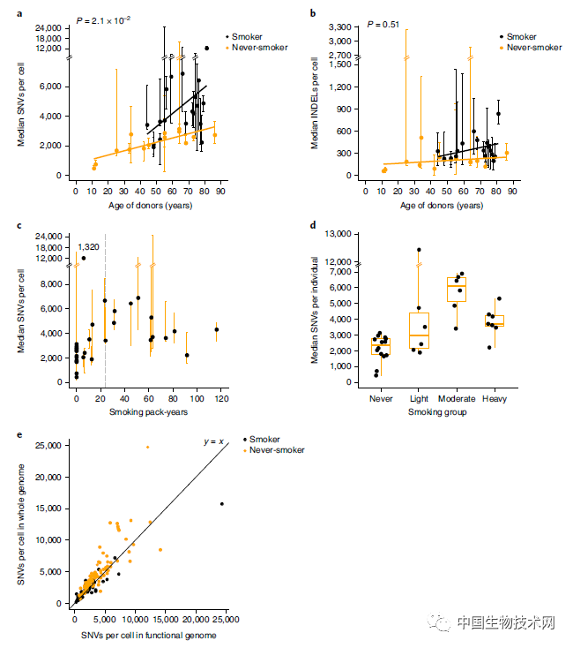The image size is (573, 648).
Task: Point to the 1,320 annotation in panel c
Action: tap(88, 247)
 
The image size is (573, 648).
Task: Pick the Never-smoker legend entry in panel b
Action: tap(532, 48)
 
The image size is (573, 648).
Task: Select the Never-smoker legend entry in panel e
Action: tap(277, 450)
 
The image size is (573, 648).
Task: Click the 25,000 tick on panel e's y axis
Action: tap(50, 446)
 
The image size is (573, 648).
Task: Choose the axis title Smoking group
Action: tap(430, 411)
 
